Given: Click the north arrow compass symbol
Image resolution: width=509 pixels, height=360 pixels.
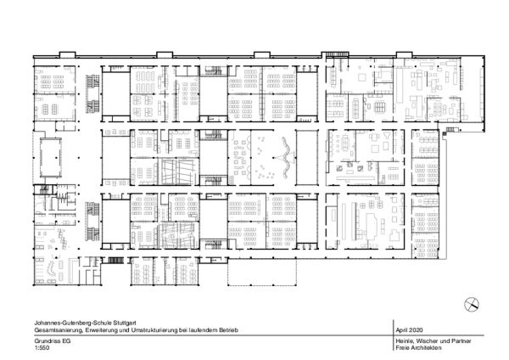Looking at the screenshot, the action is coord(472,305).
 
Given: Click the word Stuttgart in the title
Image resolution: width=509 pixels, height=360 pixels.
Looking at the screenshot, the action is coord(125,323).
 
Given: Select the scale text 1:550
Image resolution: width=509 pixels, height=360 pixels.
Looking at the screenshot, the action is coord(42,347).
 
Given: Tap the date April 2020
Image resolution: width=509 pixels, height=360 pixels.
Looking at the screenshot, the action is coord(409,330).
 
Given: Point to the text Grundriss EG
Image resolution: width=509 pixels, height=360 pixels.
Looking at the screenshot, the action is coord(53,341).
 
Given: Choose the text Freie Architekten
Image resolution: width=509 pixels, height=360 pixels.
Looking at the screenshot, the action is coord(418,347).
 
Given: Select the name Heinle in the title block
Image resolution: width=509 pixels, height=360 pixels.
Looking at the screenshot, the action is coord(404,341).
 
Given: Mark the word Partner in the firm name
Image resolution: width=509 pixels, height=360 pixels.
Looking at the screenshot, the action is coord(461,341).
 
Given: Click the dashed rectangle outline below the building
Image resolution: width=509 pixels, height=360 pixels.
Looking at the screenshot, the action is coord(262,273).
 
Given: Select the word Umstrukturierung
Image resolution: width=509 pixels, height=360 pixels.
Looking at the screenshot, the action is coord(154,330).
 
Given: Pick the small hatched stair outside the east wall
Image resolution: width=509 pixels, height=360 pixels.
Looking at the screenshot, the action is coord(450,130).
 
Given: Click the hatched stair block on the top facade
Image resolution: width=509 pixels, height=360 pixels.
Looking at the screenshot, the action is coord(335,54).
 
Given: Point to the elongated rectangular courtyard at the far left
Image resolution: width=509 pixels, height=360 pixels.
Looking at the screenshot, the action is coord(51,158).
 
